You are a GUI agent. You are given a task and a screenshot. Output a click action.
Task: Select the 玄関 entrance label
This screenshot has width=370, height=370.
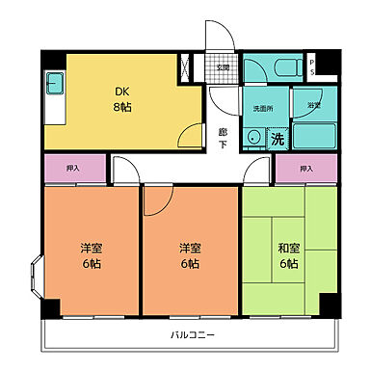point(223,67)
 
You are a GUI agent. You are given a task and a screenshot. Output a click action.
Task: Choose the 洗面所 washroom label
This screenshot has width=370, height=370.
point(263,109)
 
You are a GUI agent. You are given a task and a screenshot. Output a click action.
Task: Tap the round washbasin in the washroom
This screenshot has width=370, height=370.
point(253,138)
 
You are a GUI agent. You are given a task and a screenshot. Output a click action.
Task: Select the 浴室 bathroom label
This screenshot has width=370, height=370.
point(313,104)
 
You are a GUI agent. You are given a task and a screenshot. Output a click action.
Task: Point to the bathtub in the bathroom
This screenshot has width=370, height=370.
point(312,135)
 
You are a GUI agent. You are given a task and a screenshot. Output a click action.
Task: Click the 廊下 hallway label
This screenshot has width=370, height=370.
point(223,136)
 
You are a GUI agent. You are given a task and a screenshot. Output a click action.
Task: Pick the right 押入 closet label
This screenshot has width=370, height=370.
point(305,169)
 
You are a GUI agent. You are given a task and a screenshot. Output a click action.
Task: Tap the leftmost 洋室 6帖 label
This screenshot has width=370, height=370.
point(92,255)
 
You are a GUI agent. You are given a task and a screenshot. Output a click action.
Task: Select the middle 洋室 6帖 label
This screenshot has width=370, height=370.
point(189,255)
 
